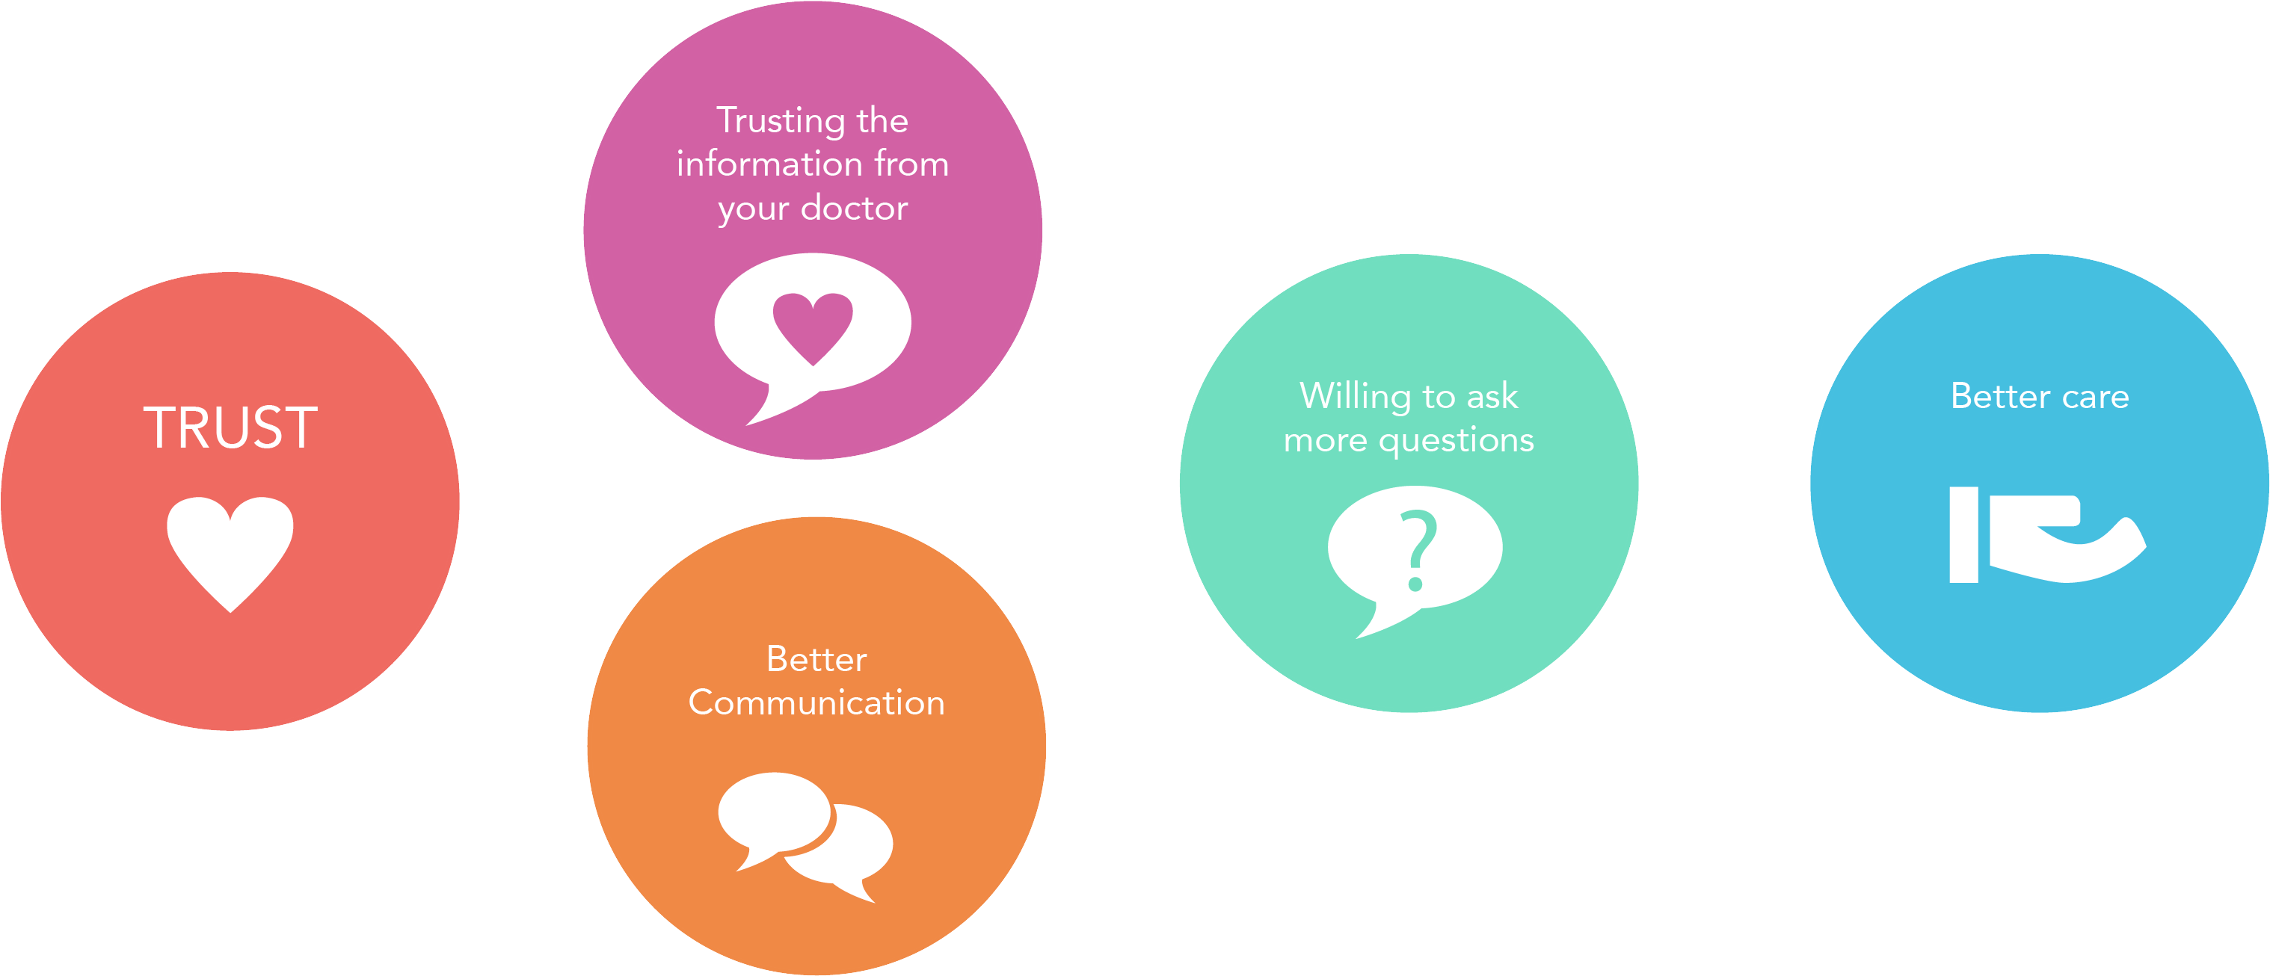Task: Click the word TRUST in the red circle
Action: (230, 428)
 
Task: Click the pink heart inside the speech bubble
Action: (813, 327)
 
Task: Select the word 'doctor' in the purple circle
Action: (854, 208)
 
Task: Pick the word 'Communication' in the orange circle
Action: (816, 703)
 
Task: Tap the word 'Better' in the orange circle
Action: (816, 659)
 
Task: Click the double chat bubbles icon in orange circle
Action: (805, 835)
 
